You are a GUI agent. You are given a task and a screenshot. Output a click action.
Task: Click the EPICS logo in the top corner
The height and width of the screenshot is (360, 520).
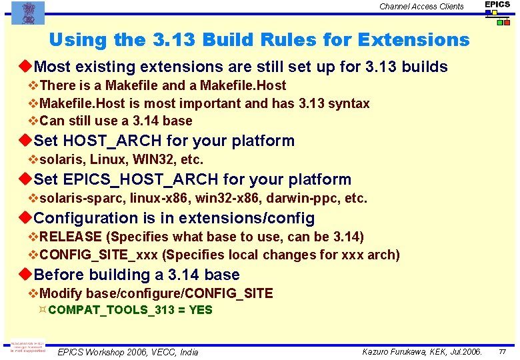[497, 13]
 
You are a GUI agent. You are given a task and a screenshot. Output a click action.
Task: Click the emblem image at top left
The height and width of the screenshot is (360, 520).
[28, 13]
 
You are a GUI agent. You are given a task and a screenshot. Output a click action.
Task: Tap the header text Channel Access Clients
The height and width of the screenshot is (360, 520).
[421, 7]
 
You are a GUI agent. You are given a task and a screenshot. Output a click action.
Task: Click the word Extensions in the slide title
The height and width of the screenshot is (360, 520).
[413, 40]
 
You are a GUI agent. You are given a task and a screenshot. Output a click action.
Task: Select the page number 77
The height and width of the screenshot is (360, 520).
[503, 351]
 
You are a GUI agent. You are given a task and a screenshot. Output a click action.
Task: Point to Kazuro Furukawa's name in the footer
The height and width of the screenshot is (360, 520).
[395, 351]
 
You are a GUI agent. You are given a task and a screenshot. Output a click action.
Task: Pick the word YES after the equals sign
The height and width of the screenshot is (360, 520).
[200, 310]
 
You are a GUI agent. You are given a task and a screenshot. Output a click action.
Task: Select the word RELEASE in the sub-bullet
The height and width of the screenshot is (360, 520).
[71, 237]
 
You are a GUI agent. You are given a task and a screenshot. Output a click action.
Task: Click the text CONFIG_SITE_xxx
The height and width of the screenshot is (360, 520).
[99, 255]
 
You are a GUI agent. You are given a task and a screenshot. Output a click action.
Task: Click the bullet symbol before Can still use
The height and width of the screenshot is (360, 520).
[33, 121]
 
